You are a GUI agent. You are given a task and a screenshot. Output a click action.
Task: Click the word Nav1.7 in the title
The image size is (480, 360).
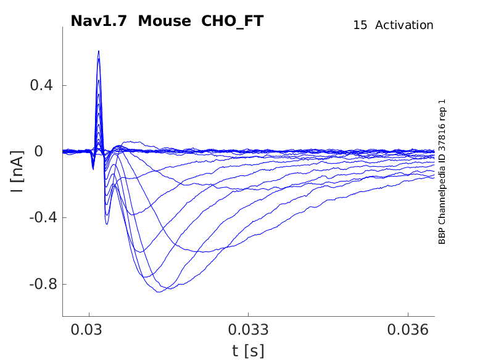click(x=99, y=21)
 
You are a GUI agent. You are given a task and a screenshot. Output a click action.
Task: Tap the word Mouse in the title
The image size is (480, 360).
click(x=165, y=21)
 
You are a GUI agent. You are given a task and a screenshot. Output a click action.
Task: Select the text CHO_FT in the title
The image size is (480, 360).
click(x=233, y=21)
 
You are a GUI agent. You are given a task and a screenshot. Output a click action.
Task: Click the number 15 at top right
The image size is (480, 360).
click(x=360, y=25)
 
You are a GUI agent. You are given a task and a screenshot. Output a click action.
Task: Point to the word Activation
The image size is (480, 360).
click(x=404, y=25)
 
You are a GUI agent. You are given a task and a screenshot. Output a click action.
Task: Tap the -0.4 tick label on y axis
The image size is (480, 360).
click(x=40, y=218)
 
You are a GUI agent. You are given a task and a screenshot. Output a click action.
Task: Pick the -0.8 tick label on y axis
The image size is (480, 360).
click(x=40, y=284)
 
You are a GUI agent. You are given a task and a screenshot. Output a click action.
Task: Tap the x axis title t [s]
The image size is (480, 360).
click(x=248, y=351)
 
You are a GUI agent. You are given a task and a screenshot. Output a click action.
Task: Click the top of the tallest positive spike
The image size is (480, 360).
click(x=98, y=51)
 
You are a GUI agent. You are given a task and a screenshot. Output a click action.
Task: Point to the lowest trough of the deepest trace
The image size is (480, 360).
click(x=159, y=291)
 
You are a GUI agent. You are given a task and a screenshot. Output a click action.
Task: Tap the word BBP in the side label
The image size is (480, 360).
click(x=442, y=237)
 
